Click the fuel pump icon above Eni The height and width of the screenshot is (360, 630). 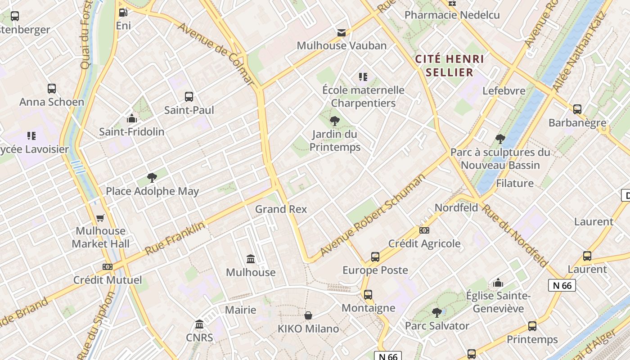click(123, 13)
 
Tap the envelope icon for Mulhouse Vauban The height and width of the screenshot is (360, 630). click(342, 32)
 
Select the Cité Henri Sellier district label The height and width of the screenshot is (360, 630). click(450, 66)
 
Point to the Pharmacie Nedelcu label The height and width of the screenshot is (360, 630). click(452, 15)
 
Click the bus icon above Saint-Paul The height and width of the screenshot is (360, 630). click(189, 96)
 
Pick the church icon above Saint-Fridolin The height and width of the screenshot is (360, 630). click(132, 118)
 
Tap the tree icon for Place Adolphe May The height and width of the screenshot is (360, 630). click(152, 178)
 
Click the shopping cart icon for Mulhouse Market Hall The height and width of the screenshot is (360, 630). click(100, 218)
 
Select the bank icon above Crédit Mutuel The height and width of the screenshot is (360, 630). click(107, 267)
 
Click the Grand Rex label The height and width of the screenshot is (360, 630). click(281, 209)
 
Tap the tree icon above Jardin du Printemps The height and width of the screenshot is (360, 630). click(334, 121)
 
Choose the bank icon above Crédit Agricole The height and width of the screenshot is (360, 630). click(424, 230)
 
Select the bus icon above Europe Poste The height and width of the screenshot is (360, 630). click(375, 257)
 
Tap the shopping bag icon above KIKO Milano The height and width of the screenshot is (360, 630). click(308, 315)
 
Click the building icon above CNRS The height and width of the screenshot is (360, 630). click(199, 324)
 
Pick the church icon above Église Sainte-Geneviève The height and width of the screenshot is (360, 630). click(498, 283)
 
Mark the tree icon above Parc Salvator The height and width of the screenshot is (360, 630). click(436, 312)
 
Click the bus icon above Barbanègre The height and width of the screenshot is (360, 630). click(577, 109)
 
